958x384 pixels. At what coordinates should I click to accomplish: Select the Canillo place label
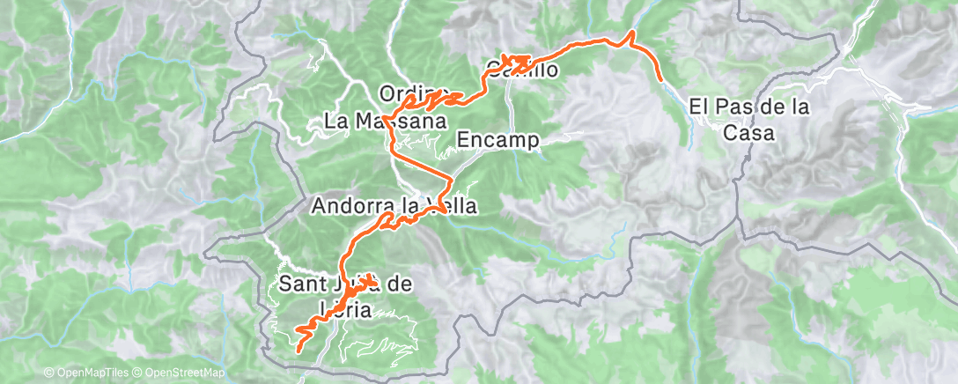pyautogui.click(x=523, y=70)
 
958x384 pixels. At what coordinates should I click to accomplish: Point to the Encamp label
pyautogui.click(x=498, y=139)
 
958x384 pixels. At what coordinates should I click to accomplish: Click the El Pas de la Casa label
pyautogui.click(x=748, y=120)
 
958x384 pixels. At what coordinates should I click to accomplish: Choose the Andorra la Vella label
pyautogui.click(x=394, y=207)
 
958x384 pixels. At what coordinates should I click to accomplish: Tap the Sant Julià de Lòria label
pyautogui.click(x=345, y=297)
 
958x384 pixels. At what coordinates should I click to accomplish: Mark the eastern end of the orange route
pyautogui.click(x=660, y=79)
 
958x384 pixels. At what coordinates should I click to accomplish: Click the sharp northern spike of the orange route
pyautogui.click(x=630, y=33)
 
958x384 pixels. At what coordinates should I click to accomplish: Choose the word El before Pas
pyautogui.click(x=697, y=107)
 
